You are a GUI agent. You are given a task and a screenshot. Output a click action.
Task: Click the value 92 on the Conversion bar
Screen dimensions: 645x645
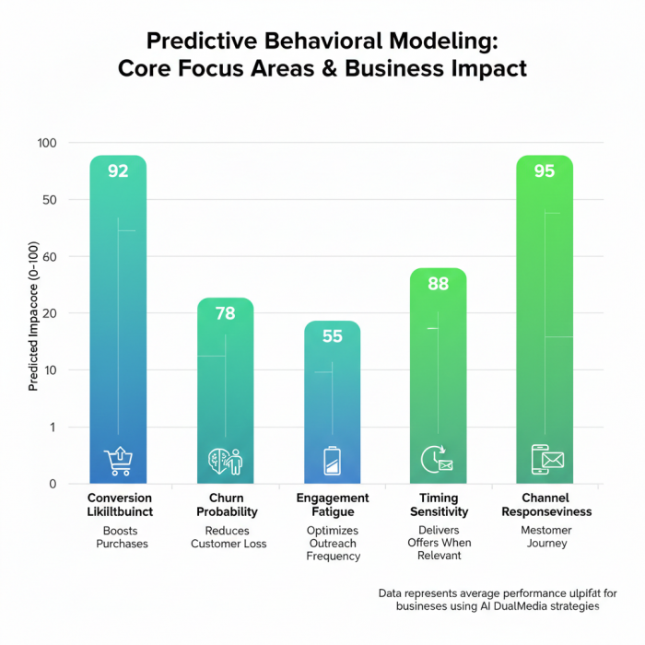118,170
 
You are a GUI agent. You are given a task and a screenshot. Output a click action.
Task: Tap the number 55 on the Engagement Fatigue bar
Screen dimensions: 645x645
332,336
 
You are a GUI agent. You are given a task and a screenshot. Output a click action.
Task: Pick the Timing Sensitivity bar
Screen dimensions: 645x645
439,378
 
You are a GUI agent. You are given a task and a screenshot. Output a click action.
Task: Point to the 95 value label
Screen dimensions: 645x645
545,170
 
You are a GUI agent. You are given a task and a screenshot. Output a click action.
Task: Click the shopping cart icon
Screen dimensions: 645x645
119,460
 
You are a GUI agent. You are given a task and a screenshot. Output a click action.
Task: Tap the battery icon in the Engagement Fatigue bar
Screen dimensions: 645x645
332,460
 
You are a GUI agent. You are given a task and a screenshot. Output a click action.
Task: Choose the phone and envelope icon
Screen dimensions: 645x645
546,458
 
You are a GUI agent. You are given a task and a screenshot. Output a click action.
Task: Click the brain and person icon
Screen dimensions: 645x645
226,460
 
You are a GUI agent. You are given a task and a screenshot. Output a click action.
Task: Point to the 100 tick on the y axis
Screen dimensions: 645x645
47,143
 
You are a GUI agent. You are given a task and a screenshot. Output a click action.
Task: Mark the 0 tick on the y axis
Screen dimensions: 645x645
53,484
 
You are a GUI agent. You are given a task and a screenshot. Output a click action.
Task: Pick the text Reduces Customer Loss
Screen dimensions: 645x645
229,537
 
